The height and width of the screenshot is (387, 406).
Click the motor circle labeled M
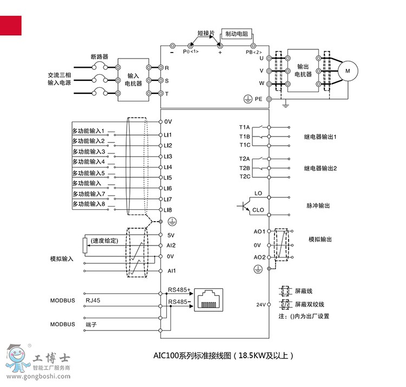point(348,70)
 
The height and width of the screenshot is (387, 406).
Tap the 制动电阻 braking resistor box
point(237,34)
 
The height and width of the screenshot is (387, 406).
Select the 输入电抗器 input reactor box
point(133,80)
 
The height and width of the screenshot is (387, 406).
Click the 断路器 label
point(100,56)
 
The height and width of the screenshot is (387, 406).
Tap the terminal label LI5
point(168,178)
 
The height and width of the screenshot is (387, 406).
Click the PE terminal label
point(259,99)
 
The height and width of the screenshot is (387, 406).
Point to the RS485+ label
point(180,290)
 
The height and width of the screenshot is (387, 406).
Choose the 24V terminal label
point(260,305)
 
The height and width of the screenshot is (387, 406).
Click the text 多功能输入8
point(89,204)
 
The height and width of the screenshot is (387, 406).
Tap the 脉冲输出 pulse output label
point(318,206)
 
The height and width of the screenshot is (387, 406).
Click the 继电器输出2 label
point(320,169)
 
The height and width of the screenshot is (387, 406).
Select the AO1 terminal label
point(259,231)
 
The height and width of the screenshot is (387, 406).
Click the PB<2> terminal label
point(253,52)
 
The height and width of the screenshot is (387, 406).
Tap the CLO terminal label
point(258,210)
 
